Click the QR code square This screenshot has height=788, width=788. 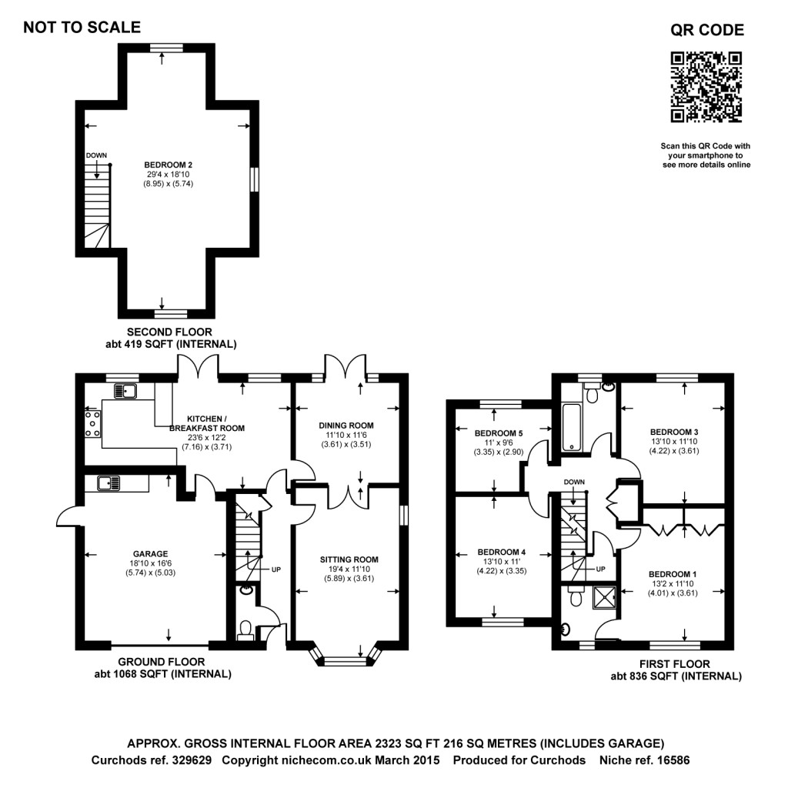[x=706, y=86]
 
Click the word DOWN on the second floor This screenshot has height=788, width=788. [x=96, y=155]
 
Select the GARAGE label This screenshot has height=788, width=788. [x=150, y=553]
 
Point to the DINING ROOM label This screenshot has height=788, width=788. [x=346, y=425]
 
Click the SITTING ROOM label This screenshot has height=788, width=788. [x=349, y=559]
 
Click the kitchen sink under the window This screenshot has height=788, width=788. [x=125, y=392]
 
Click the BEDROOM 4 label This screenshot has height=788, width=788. [x=502, y=552]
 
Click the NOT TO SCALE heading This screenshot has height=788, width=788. [x=82, y=28]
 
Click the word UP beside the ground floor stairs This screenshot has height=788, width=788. [x=275, y=570]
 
